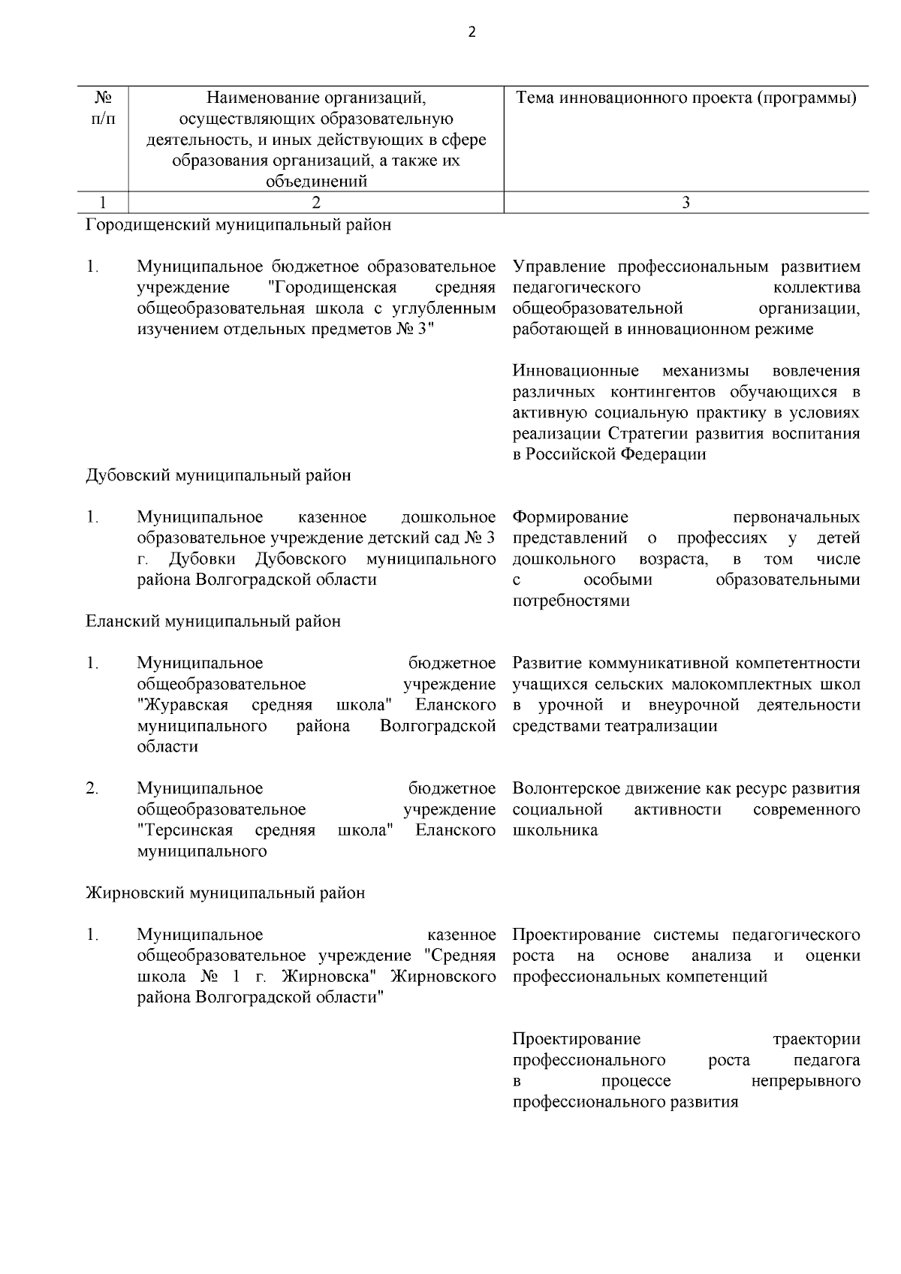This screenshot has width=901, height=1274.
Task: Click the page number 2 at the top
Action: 472,32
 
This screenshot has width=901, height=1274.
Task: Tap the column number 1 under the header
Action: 103,202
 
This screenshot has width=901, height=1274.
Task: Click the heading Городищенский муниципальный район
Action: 238,224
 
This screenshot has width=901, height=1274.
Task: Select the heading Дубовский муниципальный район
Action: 218,475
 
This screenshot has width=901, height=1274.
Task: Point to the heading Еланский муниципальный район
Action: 212,622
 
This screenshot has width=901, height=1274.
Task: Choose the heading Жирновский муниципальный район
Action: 225,893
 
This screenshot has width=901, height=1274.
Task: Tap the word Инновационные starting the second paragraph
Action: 575,371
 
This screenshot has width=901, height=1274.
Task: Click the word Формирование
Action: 570,517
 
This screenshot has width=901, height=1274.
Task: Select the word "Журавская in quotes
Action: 182,705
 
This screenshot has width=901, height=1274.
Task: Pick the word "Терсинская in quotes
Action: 185,830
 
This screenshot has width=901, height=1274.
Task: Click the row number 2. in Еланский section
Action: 92,788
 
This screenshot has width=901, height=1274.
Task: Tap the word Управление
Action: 560,267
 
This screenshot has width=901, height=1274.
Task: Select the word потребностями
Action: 571,601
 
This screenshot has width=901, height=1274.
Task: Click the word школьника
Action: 555,830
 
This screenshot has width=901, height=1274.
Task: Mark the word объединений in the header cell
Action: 315,182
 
